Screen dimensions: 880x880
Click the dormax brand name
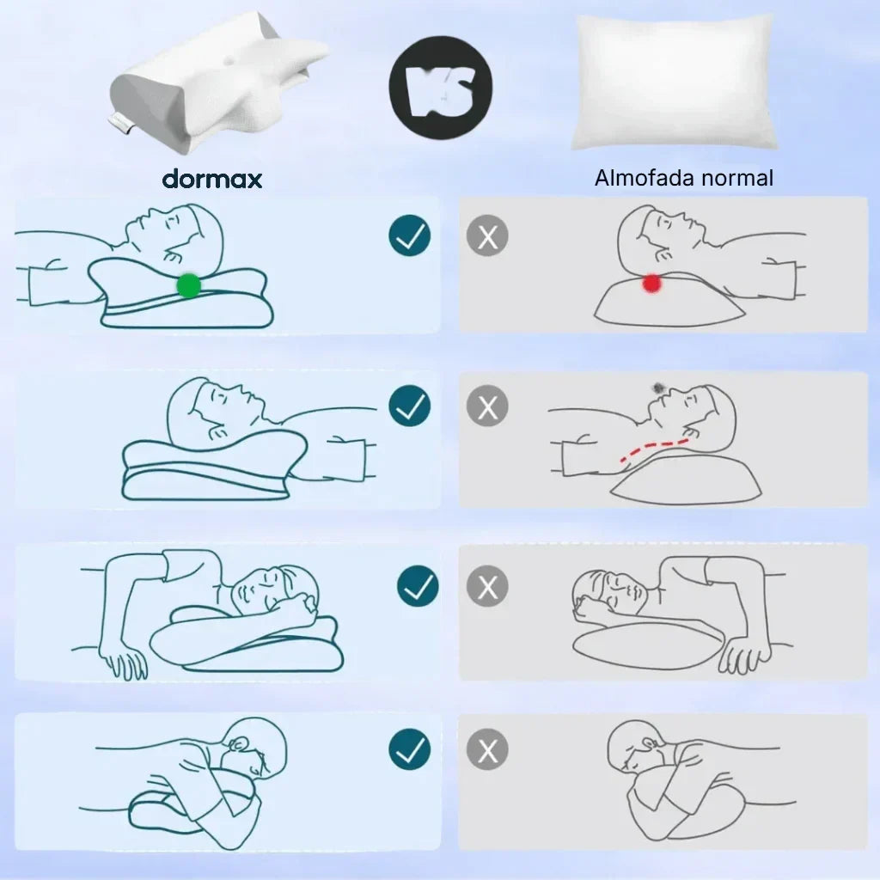(x=212, y=178)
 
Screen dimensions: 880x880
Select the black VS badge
(x=440, y=86)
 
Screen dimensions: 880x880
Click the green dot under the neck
(x=188, y=284)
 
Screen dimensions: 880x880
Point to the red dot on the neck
(x=652, y=282)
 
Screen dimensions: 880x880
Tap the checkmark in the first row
(x=410, y=235)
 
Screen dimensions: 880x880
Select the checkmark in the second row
(x=410, y=406)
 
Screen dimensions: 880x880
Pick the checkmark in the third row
(x=418, y=586)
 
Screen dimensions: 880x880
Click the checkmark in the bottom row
(x=410, y=750)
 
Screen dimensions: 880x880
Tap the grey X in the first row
(x=487, y=236)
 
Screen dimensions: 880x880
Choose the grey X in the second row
(x=487, y=406)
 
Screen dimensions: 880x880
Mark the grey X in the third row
(x=487, y=587)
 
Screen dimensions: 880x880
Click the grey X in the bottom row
(x=487, y=751)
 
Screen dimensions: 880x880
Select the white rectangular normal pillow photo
(x=675, y=82)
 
